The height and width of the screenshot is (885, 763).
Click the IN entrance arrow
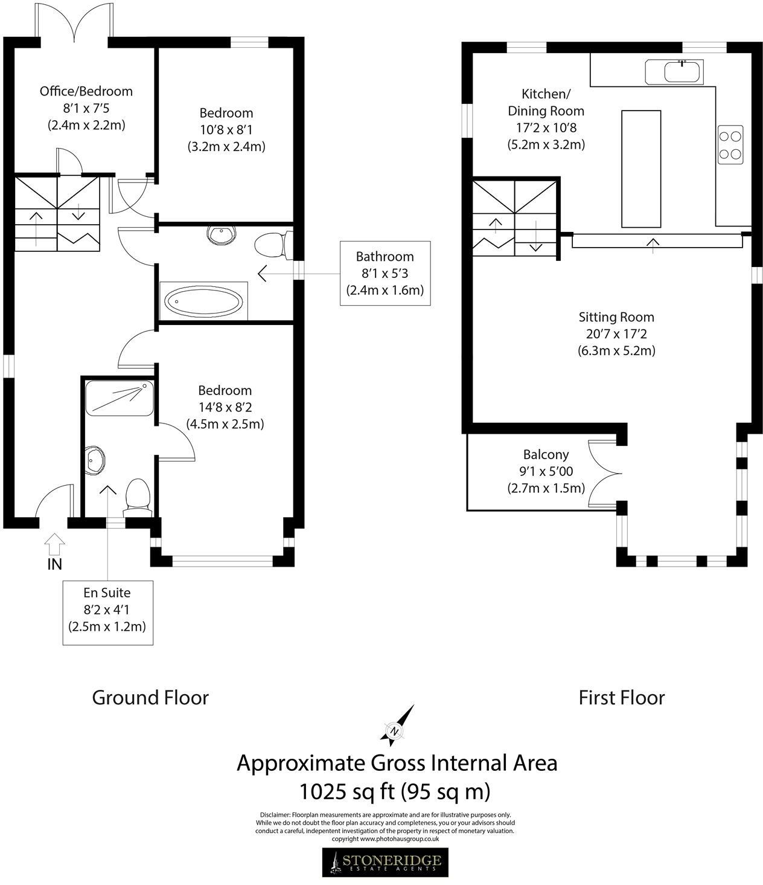click(54, 544)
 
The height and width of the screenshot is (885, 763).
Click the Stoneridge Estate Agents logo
click(385, 863)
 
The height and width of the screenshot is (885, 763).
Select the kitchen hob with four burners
click(730, 144)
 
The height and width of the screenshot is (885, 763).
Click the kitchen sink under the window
click(682, 72)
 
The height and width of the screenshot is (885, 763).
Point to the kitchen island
click(640, 169)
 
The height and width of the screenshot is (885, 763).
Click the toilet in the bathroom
click(272, 246)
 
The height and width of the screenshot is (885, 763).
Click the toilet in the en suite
click(138, 495)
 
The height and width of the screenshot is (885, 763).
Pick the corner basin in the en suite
click(95, 461)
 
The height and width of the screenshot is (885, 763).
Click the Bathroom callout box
click(385, 273)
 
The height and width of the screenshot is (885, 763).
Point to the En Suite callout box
click(107, 610)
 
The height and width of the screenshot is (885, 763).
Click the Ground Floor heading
click(150, 698)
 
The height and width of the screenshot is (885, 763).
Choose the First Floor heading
click(621, 698)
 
